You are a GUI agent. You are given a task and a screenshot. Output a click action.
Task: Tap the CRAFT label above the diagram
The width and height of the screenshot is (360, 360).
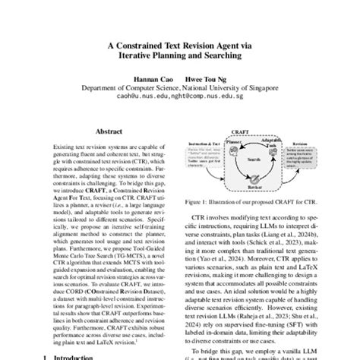244,132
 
